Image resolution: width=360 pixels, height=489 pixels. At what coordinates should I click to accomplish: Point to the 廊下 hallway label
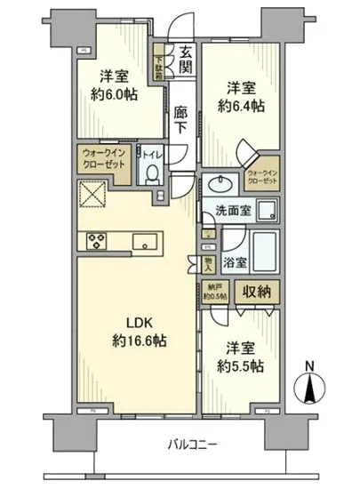coord(180,121)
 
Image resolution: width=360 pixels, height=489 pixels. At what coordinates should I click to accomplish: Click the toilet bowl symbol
coord(153,174)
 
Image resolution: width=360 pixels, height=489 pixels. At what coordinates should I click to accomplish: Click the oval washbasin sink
coord(217,185)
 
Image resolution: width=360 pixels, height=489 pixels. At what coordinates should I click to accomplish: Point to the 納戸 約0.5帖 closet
coord(209,293)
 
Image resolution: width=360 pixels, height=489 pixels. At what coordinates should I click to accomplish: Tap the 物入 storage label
coord(206,262)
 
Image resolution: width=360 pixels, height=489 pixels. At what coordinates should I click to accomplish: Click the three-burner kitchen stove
coord(98,240)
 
